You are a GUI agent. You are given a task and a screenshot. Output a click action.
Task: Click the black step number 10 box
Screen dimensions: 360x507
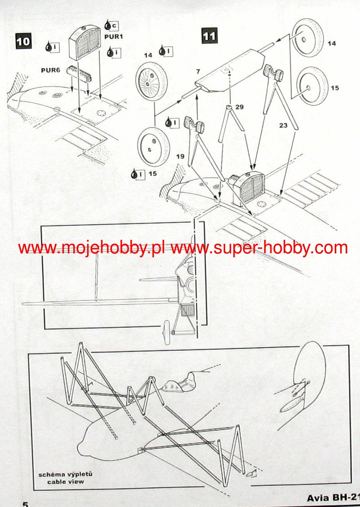[x=23, y=41]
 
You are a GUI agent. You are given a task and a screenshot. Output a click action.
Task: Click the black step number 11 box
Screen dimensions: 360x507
[x=209, y=36]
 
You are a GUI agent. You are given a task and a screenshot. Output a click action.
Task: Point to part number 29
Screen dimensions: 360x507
[x=239, y=107]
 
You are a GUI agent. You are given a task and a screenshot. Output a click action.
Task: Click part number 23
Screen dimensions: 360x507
[x=283, y=126]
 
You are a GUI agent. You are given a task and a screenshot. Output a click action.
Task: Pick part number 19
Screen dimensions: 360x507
[x=180, y=156]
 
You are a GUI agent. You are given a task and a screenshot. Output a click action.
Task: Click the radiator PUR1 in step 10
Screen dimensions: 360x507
[x=84, y=43]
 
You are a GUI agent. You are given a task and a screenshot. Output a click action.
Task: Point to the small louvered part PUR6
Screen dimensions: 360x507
[x=78, y=72]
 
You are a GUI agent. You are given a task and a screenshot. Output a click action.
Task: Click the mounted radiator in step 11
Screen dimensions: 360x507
[x=246, y=187]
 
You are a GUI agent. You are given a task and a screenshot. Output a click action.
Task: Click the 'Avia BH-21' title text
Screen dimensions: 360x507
[x=333, y=498]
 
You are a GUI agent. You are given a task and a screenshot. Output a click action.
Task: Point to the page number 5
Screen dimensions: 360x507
[x=26, y=503]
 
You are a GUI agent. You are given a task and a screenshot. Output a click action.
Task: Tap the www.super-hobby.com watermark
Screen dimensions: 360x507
[x=259, y=247]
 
